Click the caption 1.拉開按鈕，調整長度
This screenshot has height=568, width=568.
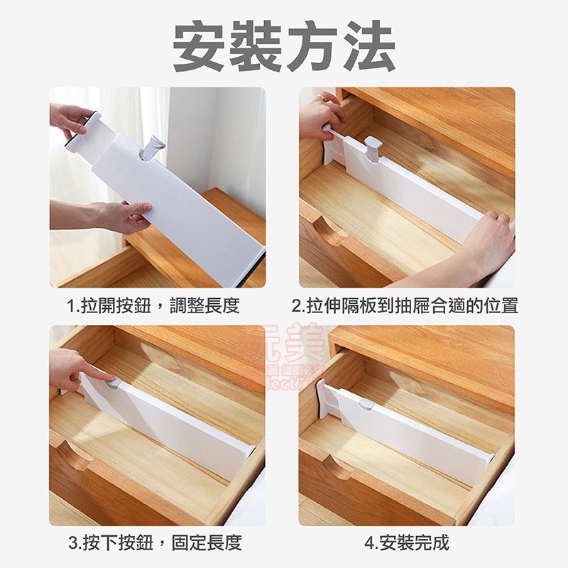coord(153,306)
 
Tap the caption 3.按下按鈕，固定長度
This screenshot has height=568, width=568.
coord(155,543)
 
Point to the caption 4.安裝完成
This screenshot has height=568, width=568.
coord(407,543)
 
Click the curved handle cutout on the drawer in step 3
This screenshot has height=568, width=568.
coord(75,455)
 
